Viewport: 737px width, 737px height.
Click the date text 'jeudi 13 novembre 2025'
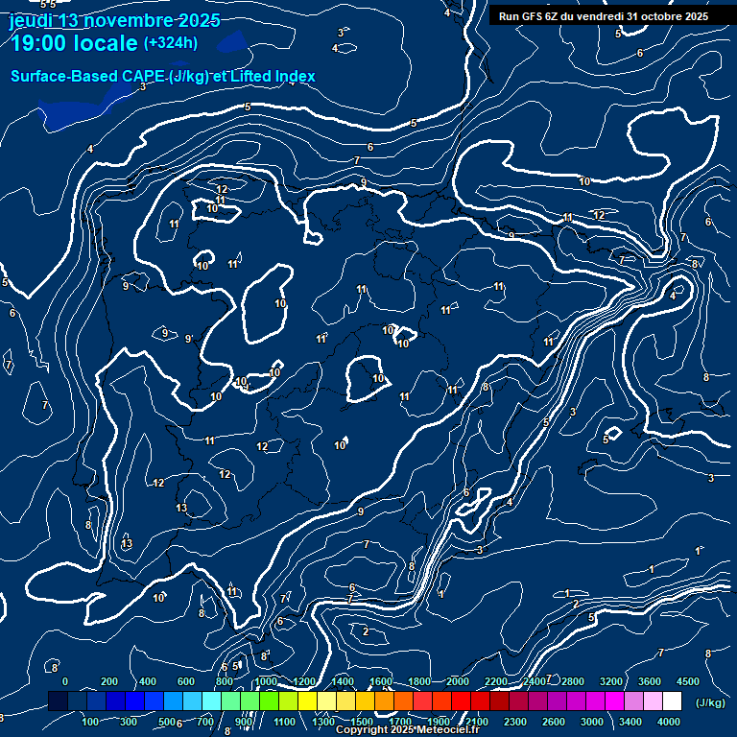pyautogui.click(x=114, y=20)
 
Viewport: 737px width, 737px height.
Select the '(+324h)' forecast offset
pyautogui.click(x=171, y=42)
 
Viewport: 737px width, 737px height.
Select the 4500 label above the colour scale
pyautogui.click(x=688, y=681)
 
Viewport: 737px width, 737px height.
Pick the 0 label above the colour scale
pyautogui.click(x=65, y=681)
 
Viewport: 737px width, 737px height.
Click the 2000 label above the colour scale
pyautogui.click(x=458, y=681)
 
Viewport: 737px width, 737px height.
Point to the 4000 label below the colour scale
pyautogui.click(x=669, y=722)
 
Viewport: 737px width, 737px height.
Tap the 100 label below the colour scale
pyautogui.click(x=91, y=722)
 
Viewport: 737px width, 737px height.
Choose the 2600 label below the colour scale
pyautogui.click(x=554, y=722)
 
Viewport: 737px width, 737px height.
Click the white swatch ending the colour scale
pyautogui.click(x=673, y=702)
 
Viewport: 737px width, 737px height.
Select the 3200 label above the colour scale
pyautogui.click(x=611, y=681)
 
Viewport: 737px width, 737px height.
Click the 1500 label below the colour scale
pyautogui.click(x=362, y=722)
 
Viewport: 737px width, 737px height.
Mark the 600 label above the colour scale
pyautogui.click(x=186, y=681)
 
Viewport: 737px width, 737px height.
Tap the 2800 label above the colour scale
pyautogui.click(x=573, y=681)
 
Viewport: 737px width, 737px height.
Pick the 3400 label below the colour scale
pyautogui.click(x=630, y=722)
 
